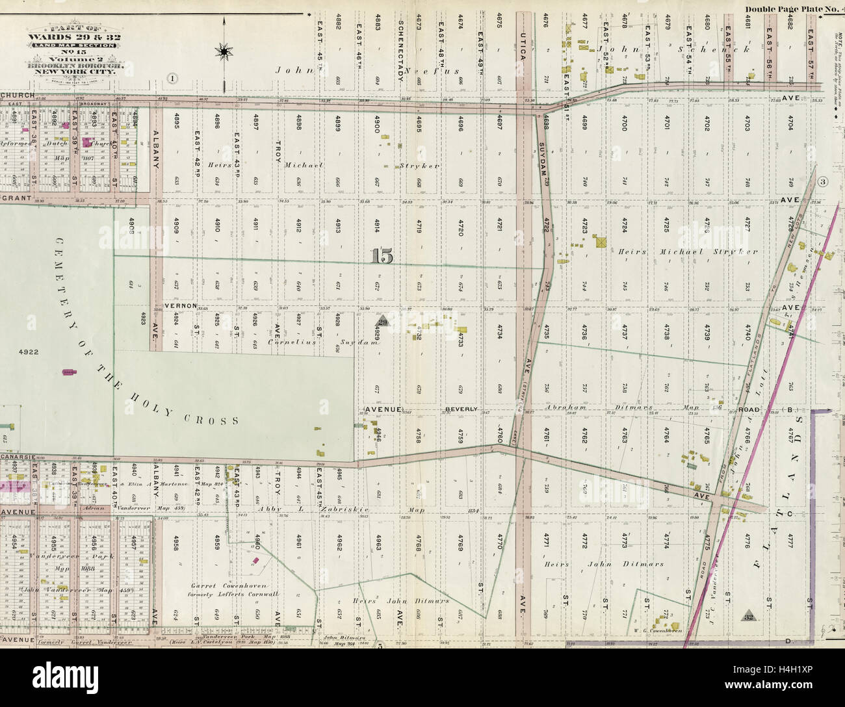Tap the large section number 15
383,257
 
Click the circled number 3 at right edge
822,181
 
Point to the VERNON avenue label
176,305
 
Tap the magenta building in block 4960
255,559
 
